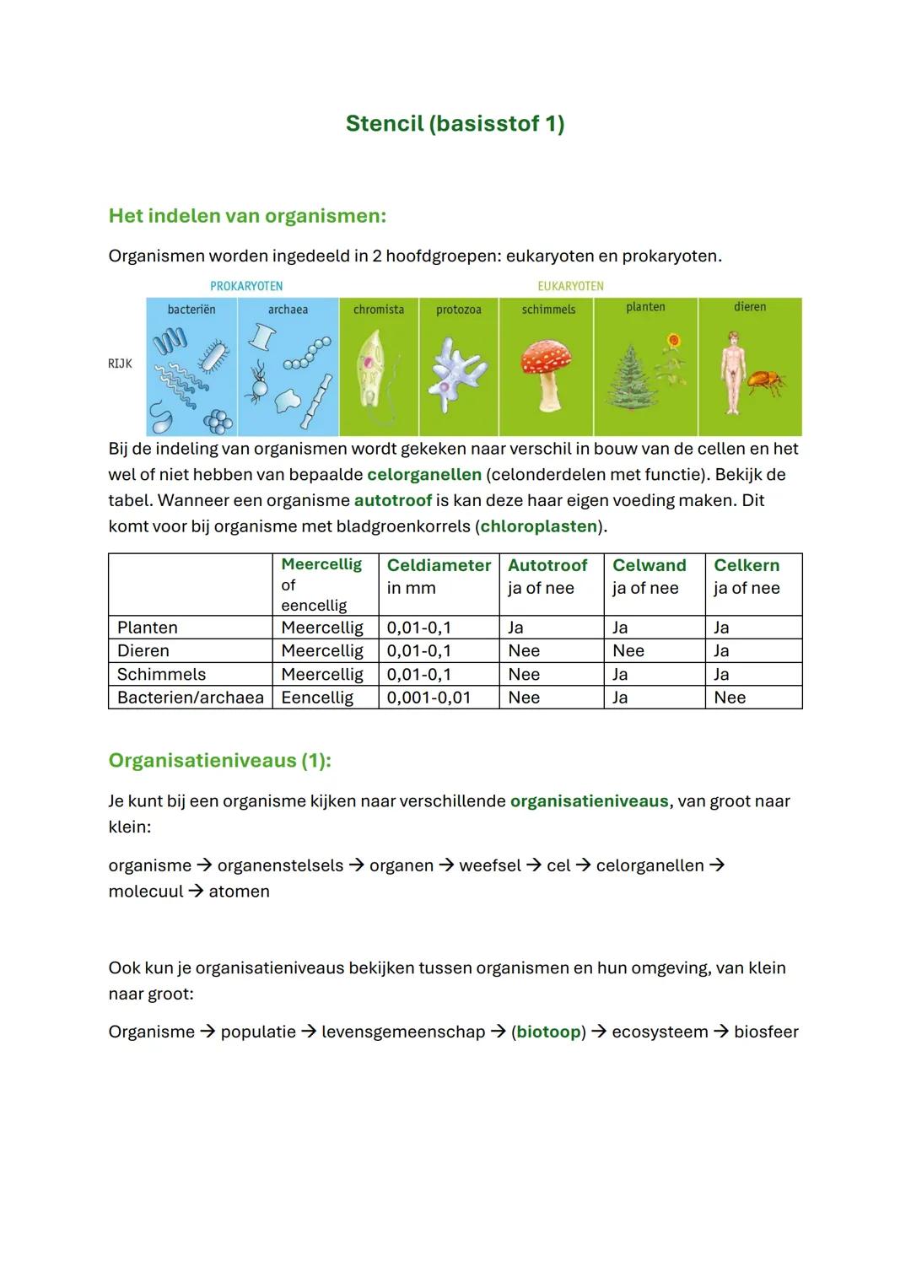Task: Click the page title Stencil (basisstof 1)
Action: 455,123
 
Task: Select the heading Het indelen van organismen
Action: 247,216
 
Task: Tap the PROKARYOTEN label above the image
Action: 246,286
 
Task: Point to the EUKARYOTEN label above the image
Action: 570,286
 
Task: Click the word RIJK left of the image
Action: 120,364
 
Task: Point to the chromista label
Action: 379,310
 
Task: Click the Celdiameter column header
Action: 439,565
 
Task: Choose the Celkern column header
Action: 747,565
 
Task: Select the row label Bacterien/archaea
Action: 190,698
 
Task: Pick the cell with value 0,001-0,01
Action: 429,698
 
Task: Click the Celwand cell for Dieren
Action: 628,650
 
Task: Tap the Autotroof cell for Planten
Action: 515,628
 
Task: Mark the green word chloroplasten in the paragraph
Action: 539,526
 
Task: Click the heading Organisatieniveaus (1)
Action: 219,760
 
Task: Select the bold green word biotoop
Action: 548,1032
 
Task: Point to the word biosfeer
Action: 766,1032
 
